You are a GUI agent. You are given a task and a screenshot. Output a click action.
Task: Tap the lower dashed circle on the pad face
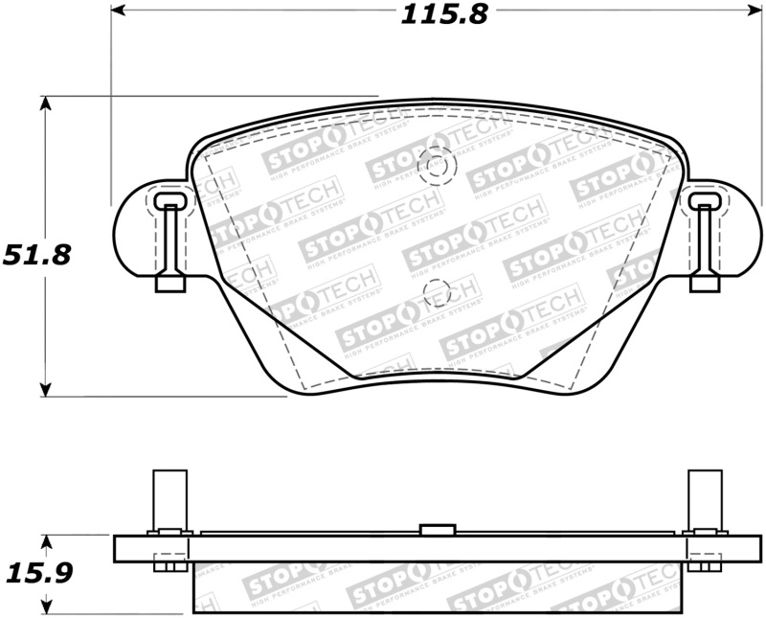coord(437,294)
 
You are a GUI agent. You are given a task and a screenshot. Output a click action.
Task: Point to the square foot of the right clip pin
coord(705,283)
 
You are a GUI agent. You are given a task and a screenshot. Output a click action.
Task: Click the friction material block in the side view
coord(438,586)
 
